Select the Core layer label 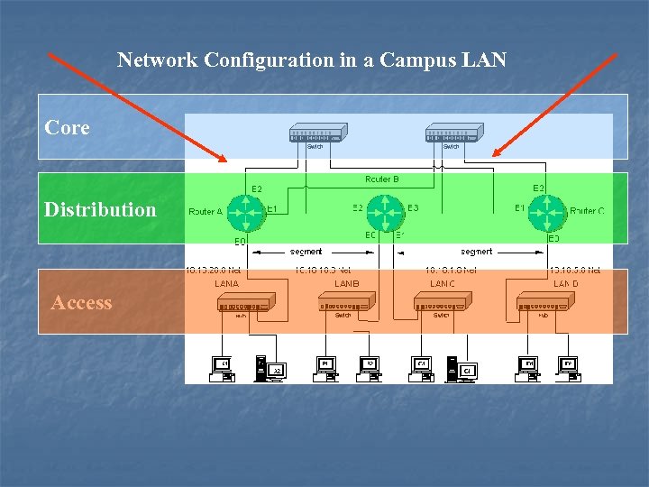tap(68, 128)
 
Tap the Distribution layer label tap(100, 209)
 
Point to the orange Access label tap(82, 303)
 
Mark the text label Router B tap(382, 179)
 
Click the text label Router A tap(206, 212)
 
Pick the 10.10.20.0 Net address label tap(213, 270)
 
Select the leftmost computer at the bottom tap(222, 368)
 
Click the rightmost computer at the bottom tap(568, 368)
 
